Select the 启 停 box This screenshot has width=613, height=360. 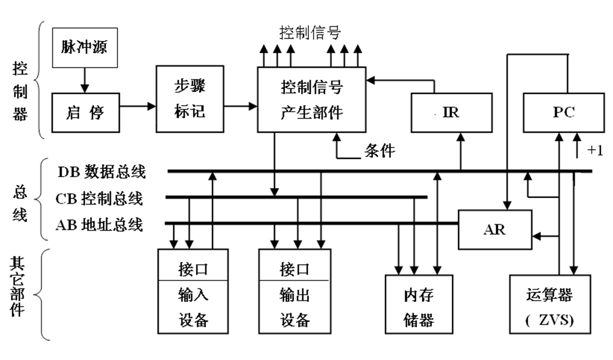click(86, 112)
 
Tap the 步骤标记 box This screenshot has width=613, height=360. click(190, 99)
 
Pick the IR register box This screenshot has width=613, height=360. click(452, 112)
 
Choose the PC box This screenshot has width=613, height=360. click(564, 112)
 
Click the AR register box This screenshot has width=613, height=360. click(495, 229)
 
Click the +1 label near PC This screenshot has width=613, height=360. click(594, 151)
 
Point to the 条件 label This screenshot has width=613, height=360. click(379, 151)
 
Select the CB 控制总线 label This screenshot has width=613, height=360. click(99, 198)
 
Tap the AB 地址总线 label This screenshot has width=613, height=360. click(99, 224)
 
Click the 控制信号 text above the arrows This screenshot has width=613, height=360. click(310, 33)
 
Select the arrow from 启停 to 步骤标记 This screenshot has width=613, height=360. click(138, 107)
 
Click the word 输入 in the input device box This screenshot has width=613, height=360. click(193, 295)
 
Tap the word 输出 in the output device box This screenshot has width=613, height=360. click(294, 295)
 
